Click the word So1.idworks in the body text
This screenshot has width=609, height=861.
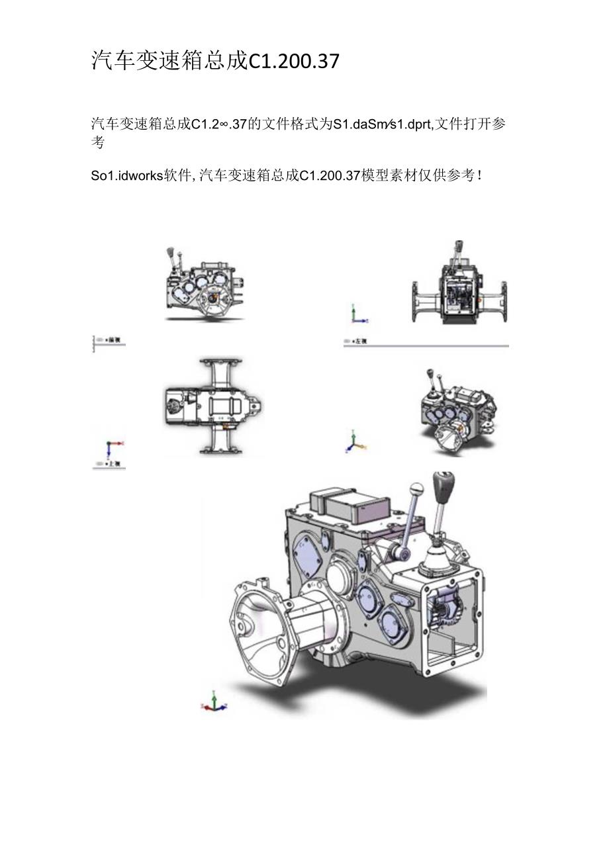click(x=126, y=175)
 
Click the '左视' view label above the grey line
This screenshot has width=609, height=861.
click(x=361, y=341)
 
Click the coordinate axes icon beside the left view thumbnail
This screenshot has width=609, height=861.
click(x=357, y=314)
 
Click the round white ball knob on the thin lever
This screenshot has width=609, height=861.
click(x=416, y=490)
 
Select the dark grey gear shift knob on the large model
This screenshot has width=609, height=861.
click(x=442, y=486)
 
